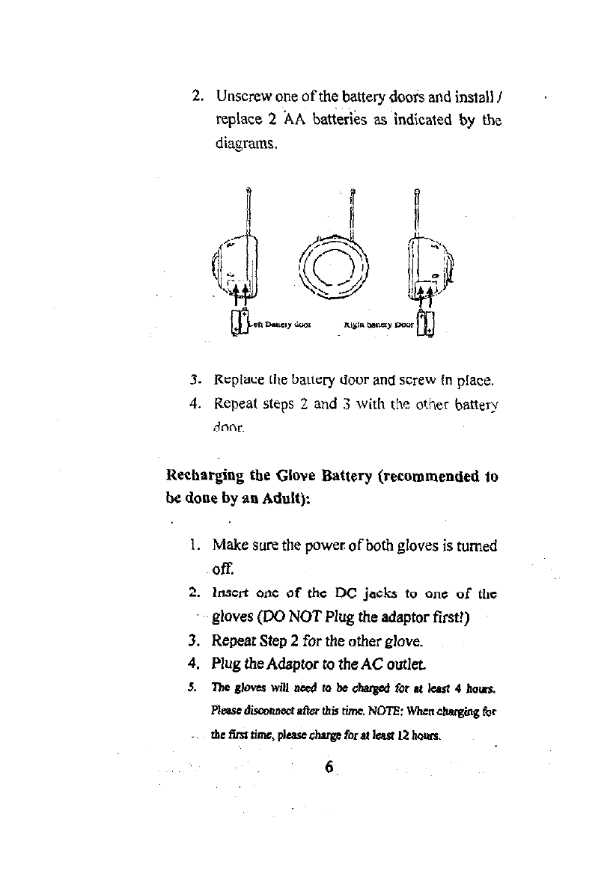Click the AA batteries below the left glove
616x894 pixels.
click(x=239, y=322)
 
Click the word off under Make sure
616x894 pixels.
click(x=224, y=566)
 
